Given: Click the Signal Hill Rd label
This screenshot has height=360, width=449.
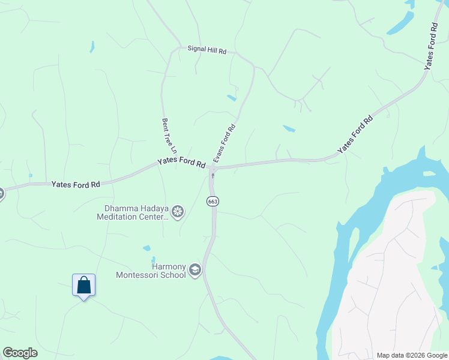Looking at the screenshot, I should pyautogui.click(x=206, y=50).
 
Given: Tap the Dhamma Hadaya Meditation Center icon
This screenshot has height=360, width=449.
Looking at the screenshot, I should pyautogui.click(x=177, y=211).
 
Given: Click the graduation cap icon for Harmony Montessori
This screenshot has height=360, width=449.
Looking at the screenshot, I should pyautogui.click(x=194, y=270).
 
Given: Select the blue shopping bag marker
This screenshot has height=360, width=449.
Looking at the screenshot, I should pyautogui.click(x=83, y=284).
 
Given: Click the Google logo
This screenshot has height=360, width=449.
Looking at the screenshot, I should pyautogui.click(x=20, y=353).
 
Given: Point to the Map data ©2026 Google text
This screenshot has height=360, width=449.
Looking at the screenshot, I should pyautogui.click(x=412, y=355).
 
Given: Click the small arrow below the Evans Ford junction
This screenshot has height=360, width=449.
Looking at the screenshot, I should pyautogui.click(x=212, y=175).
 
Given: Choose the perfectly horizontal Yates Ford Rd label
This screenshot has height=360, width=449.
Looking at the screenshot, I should pyautogui.click(x=76, y=184).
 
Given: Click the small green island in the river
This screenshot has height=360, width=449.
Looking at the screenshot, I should pyautogui.click(x=429, y=174).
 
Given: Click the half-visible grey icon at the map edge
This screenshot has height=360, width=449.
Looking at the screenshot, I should pyautogui.click(x=1, y=193).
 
